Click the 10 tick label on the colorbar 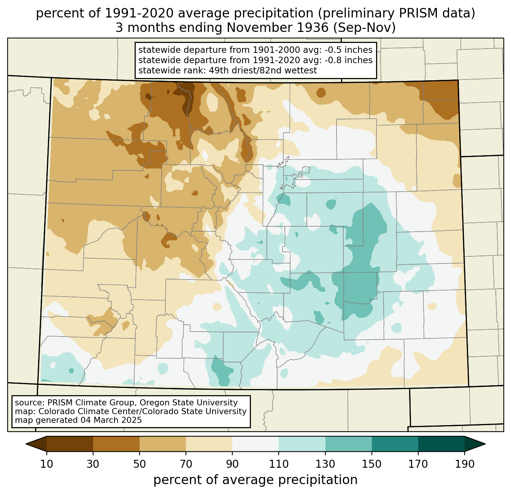point(46,464)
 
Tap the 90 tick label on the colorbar point(232,464)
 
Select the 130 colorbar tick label point(325,464)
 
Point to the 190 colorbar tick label point(465,464)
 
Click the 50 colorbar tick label point(140,464)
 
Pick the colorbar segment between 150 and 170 point(395,444)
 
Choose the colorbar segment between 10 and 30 point(70,444)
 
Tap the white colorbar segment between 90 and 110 point(255,444)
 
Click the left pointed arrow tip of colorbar point(26,444)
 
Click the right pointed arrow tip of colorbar point(485,444)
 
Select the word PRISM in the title point(417,13)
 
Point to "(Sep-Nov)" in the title point(364,28)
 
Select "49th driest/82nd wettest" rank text point(263,70)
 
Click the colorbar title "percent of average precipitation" point(255,480)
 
